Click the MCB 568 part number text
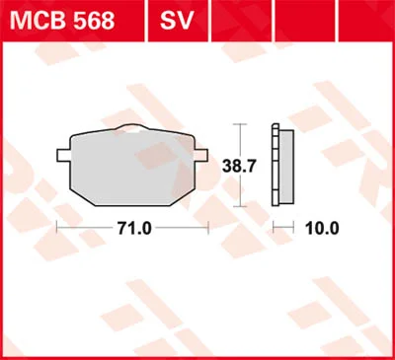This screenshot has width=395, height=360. point(62,21)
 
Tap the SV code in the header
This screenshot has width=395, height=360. point(177,21)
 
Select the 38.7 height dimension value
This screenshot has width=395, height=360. point(239,167)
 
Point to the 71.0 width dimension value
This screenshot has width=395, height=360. point(134,228)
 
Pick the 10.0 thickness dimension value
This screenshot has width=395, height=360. point(322,228)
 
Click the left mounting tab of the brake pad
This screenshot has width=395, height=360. point(63,155)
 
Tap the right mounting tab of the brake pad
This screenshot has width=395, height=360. point(201,155)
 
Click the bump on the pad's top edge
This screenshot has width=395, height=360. point(132,127)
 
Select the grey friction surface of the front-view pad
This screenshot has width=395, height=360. point(132,169)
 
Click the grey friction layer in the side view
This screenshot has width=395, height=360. point(286,167)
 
